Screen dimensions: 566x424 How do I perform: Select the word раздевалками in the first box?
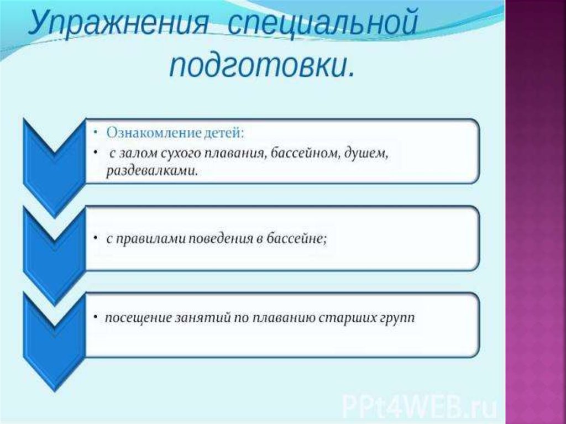152,170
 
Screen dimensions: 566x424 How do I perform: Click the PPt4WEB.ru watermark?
419,407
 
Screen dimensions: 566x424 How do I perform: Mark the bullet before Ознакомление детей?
96,133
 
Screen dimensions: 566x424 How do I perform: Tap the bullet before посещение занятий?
96,317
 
